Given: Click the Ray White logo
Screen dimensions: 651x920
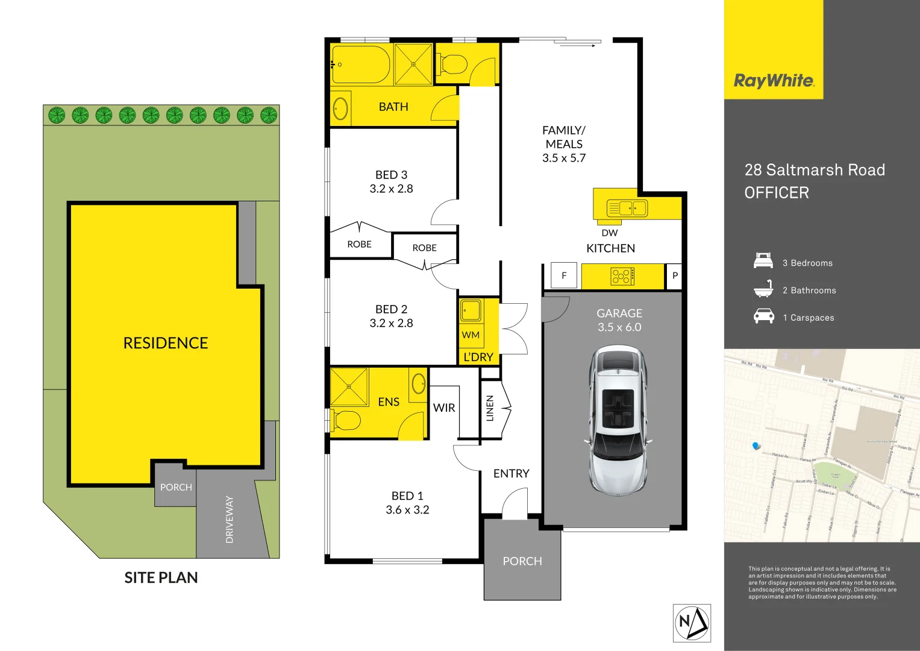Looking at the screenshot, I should (x=774, y=81).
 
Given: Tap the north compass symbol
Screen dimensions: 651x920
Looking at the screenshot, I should (x=692, y=623).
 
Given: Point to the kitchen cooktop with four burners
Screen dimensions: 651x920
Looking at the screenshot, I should (x=621, y=277).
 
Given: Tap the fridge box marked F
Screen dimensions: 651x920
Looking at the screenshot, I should (x=564, y=275).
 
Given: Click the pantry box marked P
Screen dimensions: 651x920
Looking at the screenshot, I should (x=675, y=275).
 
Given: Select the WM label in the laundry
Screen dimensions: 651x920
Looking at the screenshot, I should (x=471, y=335).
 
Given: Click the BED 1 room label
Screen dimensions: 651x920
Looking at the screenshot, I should (x=407, y=495).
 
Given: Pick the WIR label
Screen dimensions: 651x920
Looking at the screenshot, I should (x=444, y=408).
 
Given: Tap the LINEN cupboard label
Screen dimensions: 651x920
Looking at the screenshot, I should (x=490, y=408).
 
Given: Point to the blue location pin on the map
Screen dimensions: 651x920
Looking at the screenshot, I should (x=756, y=446).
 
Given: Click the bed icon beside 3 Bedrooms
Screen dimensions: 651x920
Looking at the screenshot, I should (x=763, y=262).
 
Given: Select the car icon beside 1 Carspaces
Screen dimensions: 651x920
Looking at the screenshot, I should (x=763, y=316).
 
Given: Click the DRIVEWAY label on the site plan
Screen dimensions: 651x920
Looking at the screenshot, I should (x=230, y=519).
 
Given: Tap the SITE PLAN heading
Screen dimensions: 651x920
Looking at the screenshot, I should (x=161, y=577).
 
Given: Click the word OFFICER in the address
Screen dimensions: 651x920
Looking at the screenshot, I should (x=777, y=193).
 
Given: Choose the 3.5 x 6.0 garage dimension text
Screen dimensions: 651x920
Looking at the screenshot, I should (x=619, y=327).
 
